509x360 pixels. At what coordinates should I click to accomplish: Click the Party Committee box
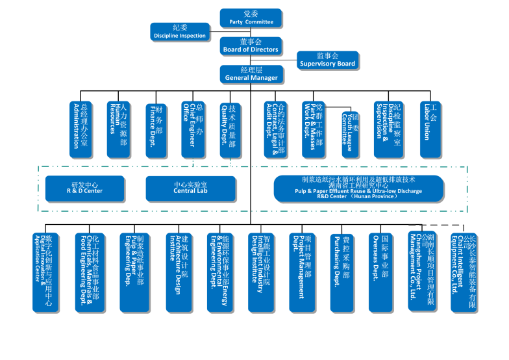point(251,18)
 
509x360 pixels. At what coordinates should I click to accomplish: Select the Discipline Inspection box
point(180,32)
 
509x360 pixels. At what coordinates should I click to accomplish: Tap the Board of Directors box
point(251,45)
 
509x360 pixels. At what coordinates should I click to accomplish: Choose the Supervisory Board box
point(327,60)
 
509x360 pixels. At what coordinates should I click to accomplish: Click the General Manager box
point(251,74)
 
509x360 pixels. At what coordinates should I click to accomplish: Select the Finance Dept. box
point(156,129)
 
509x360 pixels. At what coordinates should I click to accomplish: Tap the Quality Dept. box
point(231,129)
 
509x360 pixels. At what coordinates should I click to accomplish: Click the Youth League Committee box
point(350,133)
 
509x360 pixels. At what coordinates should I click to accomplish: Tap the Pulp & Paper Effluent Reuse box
point(358,188)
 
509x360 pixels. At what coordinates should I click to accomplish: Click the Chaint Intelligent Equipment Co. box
point(463,272)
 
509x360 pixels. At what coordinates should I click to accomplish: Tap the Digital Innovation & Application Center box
point(47,272)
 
